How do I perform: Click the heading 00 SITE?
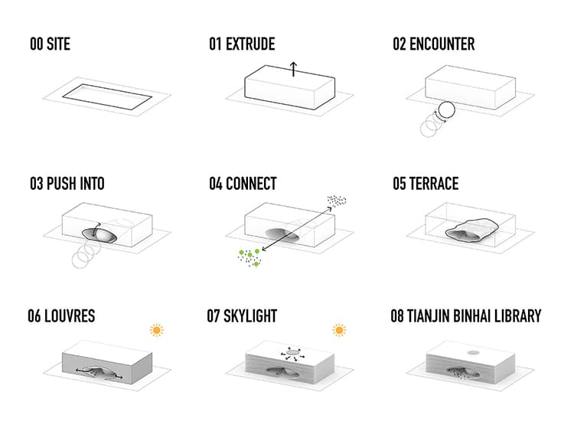[x=50, y=44]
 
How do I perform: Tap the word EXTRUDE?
[x=250, y=44]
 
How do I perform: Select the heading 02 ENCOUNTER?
[x=434, y=44]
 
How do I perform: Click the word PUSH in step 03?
[x=61, y=184]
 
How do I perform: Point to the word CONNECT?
[x=251, y=184]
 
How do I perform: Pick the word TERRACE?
[x=434, y=184]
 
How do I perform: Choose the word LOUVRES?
[x=70, y=316]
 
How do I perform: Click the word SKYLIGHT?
[x=250, y=316]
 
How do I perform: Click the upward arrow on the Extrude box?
[x=293, y=69]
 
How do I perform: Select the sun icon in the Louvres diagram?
[x=157, y=330]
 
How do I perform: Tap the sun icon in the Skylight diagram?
[x=339, y=330]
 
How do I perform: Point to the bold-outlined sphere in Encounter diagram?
[x=446, y=109]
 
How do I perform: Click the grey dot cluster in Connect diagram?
[x=337, y=200]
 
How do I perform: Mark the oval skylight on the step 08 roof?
[x=473, y=353]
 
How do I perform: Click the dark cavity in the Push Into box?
[x=99, y=236]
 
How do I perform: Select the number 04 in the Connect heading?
[x=216, y=184]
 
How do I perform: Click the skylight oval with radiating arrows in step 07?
[x=292, y=352]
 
